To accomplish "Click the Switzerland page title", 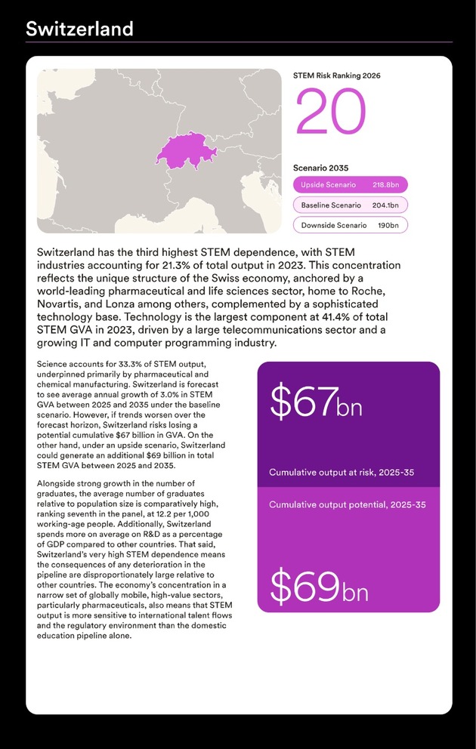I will [x=79, y=29].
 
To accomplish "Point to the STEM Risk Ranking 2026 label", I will [x=336, y=76].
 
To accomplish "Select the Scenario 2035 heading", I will [x=320, y=168].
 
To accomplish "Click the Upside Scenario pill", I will [x=350, y=185].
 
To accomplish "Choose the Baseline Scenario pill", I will [x=350, y=205].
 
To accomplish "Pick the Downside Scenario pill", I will [x=350, y=225].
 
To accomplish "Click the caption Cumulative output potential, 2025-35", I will [x=347, y=504].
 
